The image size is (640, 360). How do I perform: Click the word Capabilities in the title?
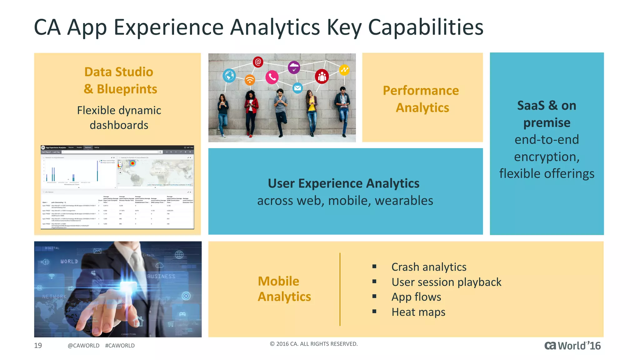click(426, 27)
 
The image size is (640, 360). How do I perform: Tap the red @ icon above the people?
click(258, 62)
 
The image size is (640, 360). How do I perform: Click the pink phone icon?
click(272, 77)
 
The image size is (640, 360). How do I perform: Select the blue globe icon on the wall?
click(229, 76)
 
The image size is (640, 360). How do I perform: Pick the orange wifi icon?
click(250, 80)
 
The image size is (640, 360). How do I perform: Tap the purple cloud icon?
click(294, 67)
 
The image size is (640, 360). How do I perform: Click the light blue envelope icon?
click(297, 88)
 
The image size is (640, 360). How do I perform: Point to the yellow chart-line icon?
click(344, 70)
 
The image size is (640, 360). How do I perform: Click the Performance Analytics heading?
click(421, 99)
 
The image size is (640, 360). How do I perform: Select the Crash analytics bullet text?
click(429, 267)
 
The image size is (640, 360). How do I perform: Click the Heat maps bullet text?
click(418, 312)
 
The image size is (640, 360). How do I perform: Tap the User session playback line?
click(446, 282)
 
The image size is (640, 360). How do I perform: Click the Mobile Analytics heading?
click(284, 289)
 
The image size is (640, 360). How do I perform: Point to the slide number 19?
click(38, 345)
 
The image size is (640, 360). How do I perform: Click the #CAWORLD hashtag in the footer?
click(120, 346)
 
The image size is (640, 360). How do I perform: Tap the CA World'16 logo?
click(572, 346)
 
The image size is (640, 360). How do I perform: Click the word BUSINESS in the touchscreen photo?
click(161, 276)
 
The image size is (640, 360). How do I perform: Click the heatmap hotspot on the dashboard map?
click(132, 163)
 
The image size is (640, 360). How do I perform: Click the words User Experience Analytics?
click(343, 183)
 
